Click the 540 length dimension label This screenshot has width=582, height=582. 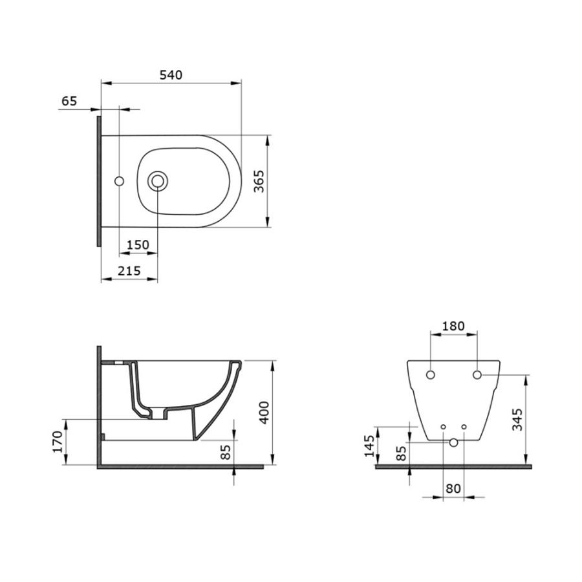pos(171,75)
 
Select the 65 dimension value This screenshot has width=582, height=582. pos(69,101)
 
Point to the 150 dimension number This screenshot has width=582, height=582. pos(138,244)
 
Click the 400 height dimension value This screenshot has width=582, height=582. pos(264,413)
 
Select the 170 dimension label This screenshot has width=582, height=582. pos(58,442)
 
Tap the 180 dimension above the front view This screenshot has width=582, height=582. pos(453,326)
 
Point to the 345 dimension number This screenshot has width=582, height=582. pos(517,420)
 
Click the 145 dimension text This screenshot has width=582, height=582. pos(369,446)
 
